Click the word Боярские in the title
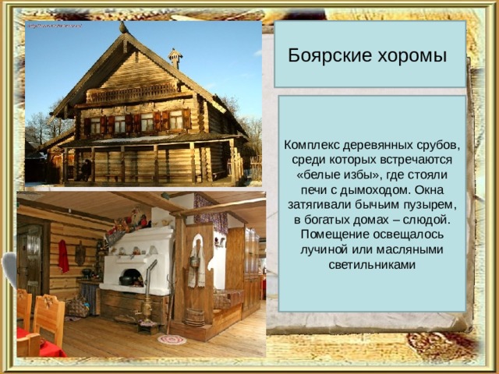point(330,55)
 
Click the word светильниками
point(372,265)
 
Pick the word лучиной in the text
point(324,249)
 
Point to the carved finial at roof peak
point(124,28)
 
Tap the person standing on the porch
point(85,170)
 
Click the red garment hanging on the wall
point(63,256)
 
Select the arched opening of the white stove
point(132,276)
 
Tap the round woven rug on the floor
point(172,340)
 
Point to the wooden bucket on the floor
point(194,317)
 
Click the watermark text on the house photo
point(55,26)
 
